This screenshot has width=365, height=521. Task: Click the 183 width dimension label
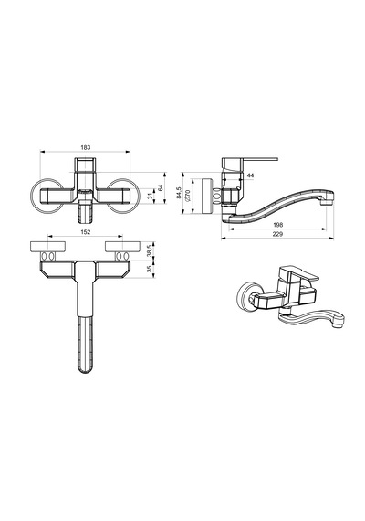pos(86,147)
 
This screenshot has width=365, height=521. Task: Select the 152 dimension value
pos(86,232)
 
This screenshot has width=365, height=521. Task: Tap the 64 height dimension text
pos(161,187)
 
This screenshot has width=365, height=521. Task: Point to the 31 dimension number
pos(150,196)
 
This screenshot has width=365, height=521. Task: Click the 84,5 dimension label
pos(179,193)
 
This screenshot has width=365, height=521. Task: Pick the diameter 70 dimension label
pos(188,196)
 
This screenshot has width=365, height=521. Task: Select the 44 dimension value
pos(251,175)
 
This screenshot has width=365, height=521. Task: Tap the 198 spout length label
pos(278,225)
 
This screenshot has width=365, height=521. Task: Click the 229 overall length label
pos(277,234)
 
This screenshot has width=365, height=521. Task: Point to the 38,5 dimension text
pos(150,250)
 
